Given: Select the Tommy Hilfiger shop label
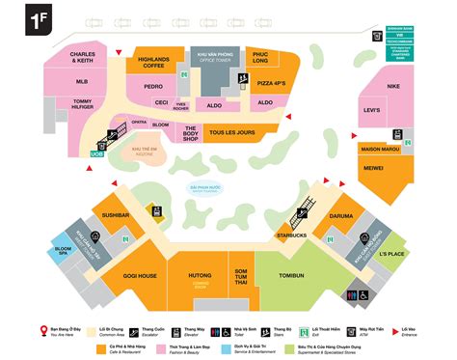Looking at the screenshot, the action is click(82, 105).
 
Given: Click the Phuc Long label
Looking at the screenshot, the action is click(258, 57).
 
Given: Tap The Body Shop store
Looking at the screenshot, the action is click(191, 133).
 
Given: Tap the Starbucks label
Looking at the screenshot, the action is click(291, 235).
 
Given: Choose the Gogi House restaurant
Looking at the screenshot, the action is click(140, 276).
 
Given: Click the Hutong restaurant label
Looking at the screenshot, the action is click(200, 276).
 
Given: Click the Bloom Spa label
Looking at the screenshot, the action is click(64, 252).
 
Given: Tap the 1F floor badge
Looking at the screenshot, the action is click(41, 21).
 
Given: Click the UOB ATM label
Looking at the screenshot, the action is click(96, 153).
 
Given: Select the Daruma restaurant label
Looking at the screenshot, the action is click(342, 216).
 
